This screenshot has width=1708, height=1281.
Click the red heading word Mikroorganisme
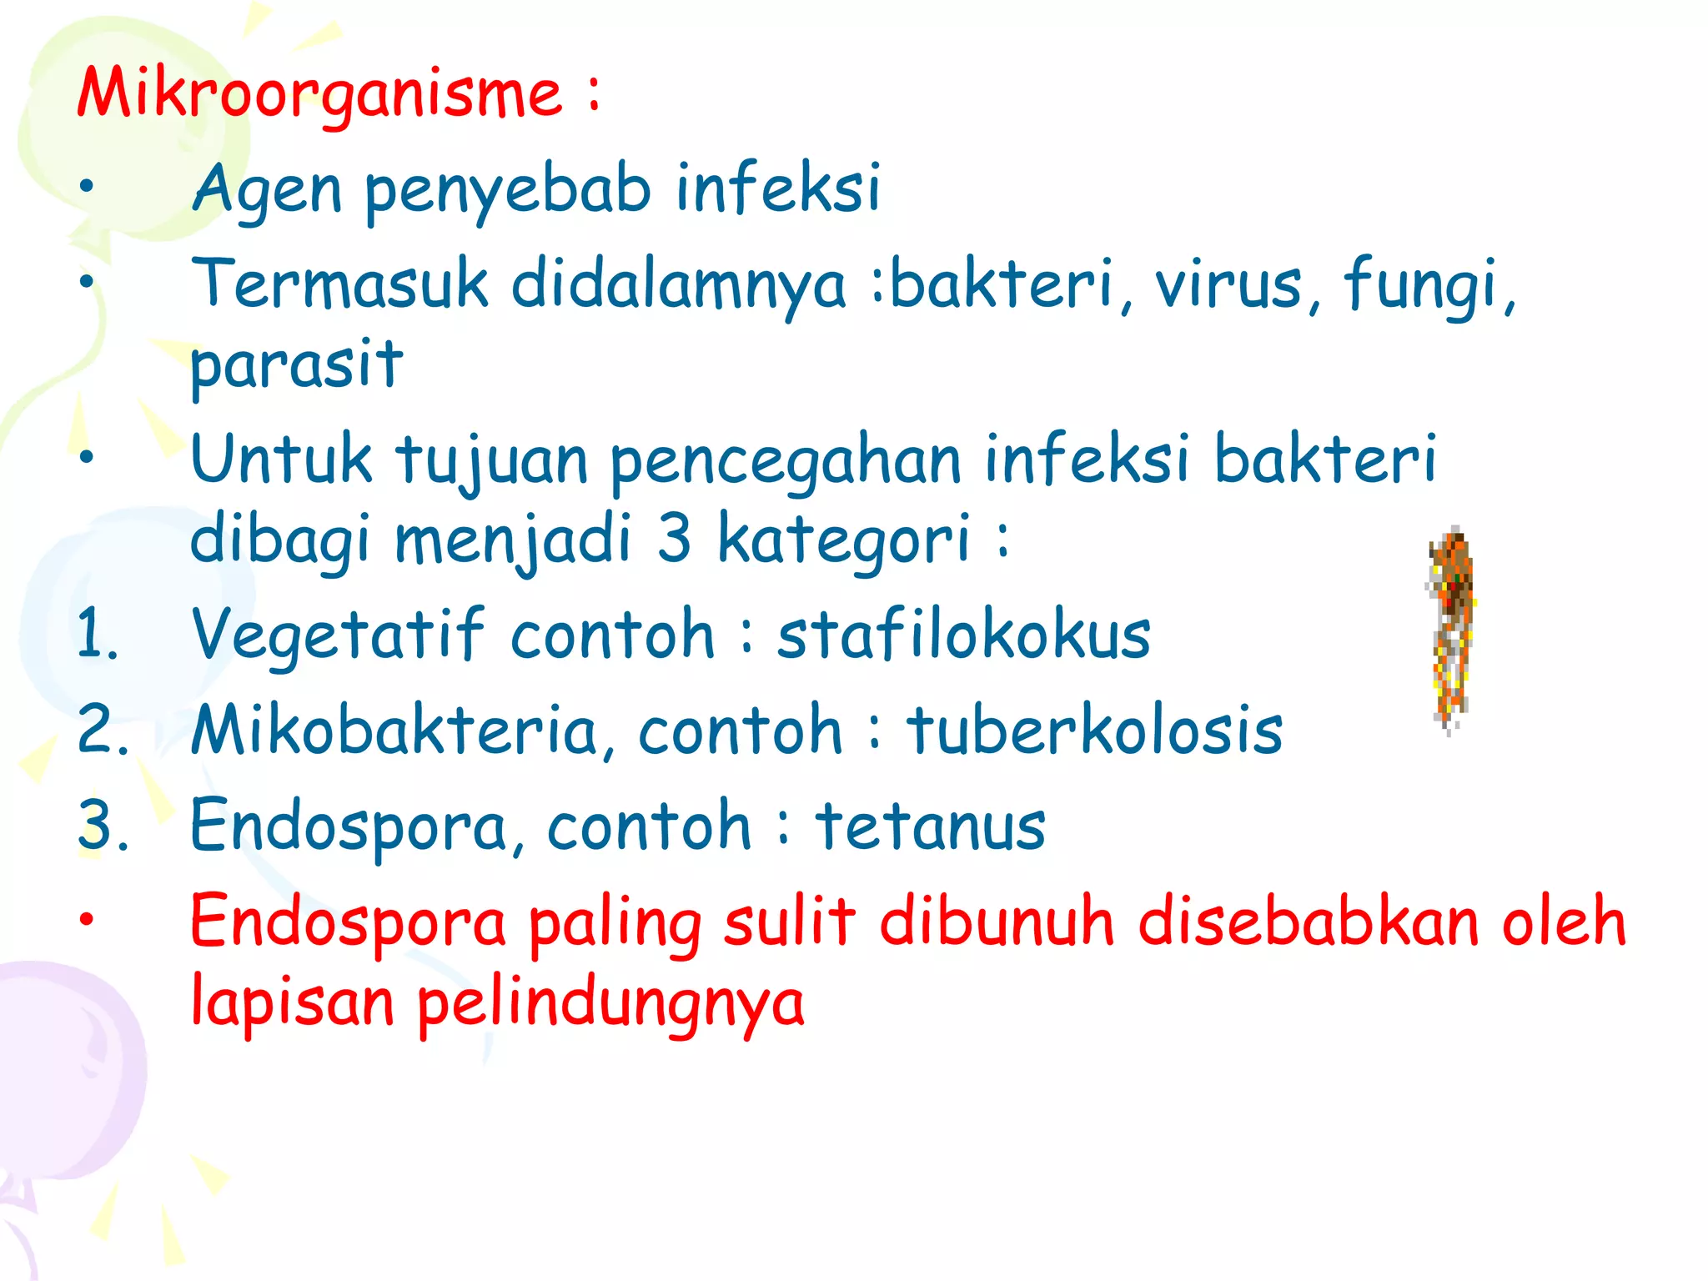pos(320,93)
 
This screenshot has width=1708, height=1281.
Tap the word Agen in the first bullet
pos(267,190)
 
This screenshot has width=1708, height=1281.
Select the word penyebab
pos(507,190)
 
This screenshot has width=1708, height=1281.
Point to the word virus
pos(1228,284)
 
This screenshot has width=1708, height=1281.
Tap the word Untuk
pos(281,459)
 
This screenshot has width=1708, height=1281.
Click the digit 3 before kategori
pos(674,538)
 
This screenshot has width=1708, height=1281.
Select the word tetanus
pos(930,826)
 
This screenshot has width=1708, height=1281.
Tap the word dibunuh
pos(997,922)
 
